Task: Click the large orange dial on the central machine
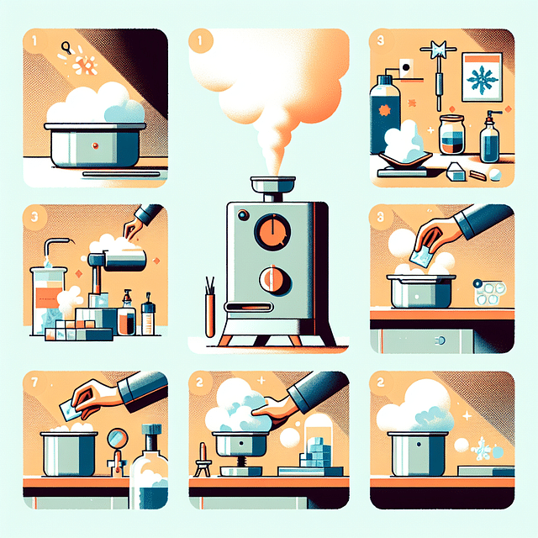click(x=272, y=232)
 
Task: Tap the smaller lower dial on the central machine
click(x=275, y=281)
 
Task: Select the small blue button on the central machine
click(x=243, y=215)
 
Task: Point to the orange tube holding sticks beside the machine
click(x=209, y=315)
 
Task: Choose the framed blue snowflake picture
click(x=482, y=77)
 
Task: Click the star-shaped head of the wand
click(x=439, y=50)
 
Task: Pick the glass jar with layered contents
click(x=452, y=134)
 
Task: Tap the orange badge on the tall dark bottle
click(x=384, y=111)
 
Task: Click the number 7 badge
click(x=34, y=382)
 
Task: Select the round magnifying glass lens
click(x=118, y=438)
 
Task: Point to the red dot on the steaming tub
click(x=95, y=145)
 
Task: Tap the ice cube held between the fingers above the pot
click(x=420, y=256)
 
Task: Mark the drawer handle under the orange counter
click(x=441, y=340)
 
